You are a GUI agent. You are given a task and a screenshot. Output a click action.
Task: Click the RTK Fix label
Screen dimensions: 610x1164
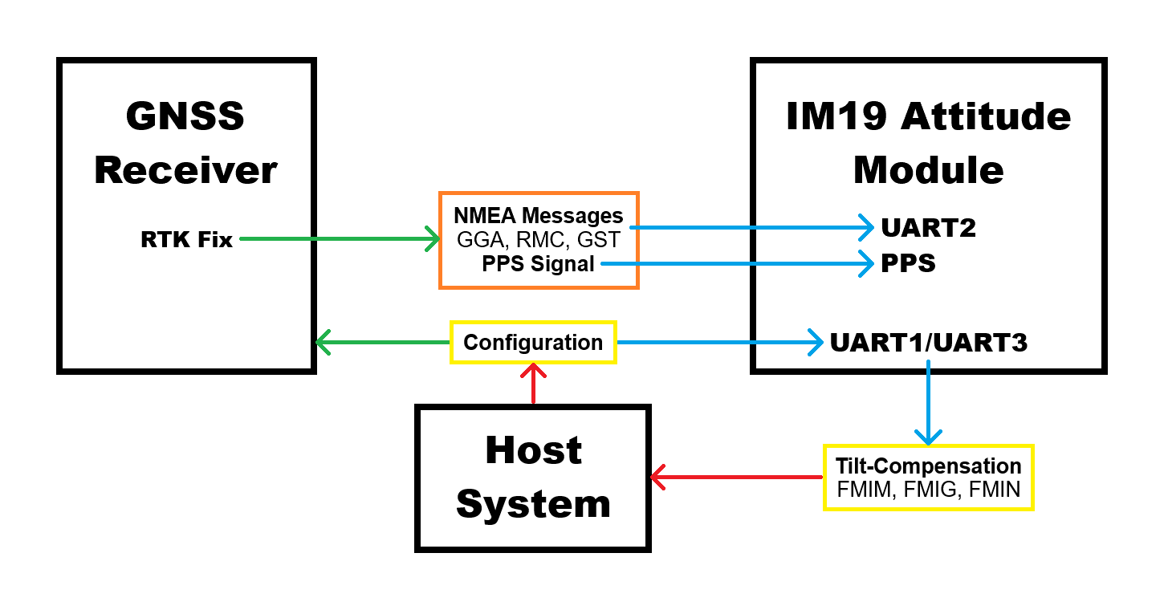click(x=186, y=239)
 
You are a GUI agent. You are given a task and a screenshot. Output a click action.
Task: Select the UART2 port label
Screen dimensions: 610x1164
click(x=928, y=228)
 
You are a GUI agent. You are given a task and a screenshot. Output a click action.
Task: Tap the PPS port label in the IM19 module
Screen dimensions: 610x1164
click(x=908, y=263)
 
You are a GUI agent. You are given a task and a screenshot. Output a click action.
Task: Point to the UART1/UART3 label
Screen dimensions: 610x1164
click(x=928, y=343)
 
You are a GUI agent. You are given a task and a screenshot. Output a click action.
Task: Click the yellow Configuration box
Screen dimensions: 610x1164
click(x=533, y=343)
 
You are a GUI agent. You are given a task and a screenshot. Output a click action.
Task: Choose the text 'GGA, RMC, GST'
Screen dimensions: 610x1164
click(x=538, y=239)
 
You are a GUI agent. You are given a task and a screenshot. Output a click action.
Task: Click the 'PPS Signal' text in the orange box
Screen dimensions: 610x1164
click(x=538, y=263)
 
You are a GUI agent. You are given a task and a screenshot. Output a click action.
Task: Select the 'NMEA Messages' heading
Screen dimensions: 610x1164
click(x=538, y=215)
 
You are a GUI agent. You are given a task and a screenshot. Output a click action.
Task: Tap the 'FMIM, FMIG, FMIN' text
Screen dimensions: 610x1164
click(x=928, y=490)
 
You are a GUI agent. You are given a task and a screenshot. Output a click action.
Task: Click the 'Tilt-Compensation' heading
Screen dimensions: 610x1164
click(x=928, y=466)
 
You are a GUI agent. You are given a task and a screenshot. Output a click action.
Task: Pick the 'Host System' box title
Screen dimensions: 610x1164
click(x=533, y=478)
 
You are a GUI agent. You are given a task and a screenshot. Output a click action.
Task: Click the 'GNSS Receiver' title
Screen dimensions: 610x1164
click(x=185, y=144)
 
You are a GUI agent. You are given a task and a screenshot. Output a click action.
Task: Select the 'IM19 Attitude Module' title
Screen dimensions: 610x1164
click(x=928, y=144)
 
